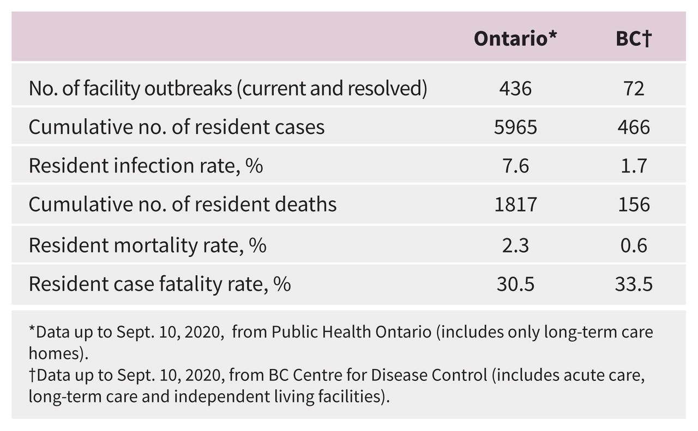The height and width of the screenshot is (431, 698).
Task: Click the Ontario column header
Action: click(x=515, y=39)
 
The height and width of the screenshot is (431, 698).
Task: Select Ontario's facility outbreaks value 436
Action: click(x=515, y=88)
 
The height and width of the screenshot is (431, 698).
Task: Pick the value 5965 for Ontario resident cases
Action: click(x=515, y=127)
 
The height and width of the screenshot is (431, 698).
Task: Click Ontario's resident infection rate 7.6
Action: click(x=515, y=165)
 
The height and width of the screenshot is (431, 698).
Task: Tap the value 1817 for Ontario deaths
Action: click(x=515, y=204)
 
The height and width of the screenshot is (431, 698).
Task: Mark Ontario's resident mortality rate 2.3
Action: click(x=515, y=245)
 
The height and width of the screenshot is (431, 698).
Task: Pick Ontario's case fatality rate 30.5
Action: click(x=515, y=284)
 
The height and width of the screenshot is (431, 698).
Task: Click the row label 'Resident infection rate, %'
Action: click(x=146, y=165)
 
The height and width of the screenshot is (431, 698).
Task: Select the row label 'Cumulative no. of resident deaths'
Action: click(x=182, y=204)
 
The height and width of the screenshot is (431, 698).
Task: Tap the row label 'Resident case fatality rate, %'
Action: click(x=159, y=284)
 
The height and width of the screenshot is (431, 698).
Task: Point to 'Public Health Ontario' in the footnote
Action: click(x=352, y=332)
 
